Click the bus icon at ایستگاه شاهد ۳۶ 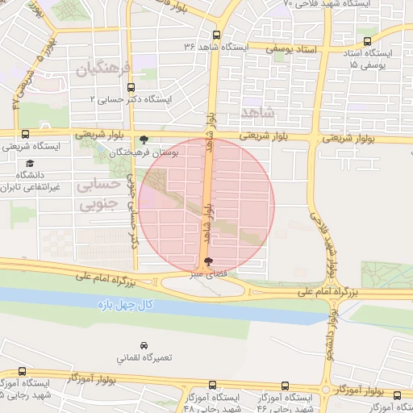point(215,35)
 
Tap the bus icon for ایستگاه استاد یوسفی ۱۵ point(368,41)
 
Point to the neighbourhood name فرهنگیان point(102,69)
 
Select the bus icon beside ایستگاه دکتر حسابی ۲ point(131,90)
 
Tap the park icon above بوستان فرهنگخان point(144,140)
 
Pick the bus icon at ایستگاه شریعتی point(25,135)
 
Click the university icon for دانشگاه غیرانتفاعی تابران point(30,163)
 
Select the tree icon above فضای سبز point(210,262)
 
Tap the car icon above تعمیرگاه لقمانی point(144,345)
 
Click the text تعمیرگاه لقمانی point(140,357)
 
